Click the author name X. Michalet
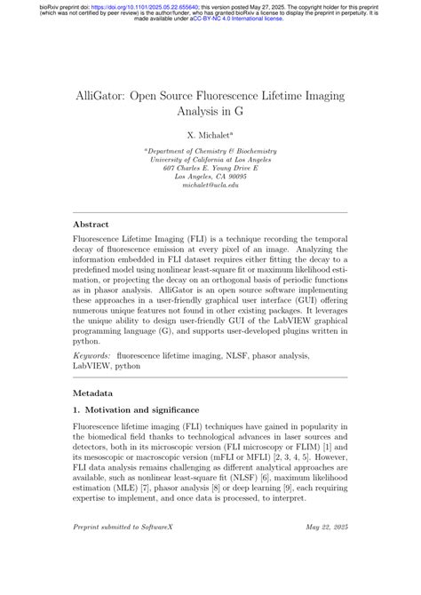[210, 135]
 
